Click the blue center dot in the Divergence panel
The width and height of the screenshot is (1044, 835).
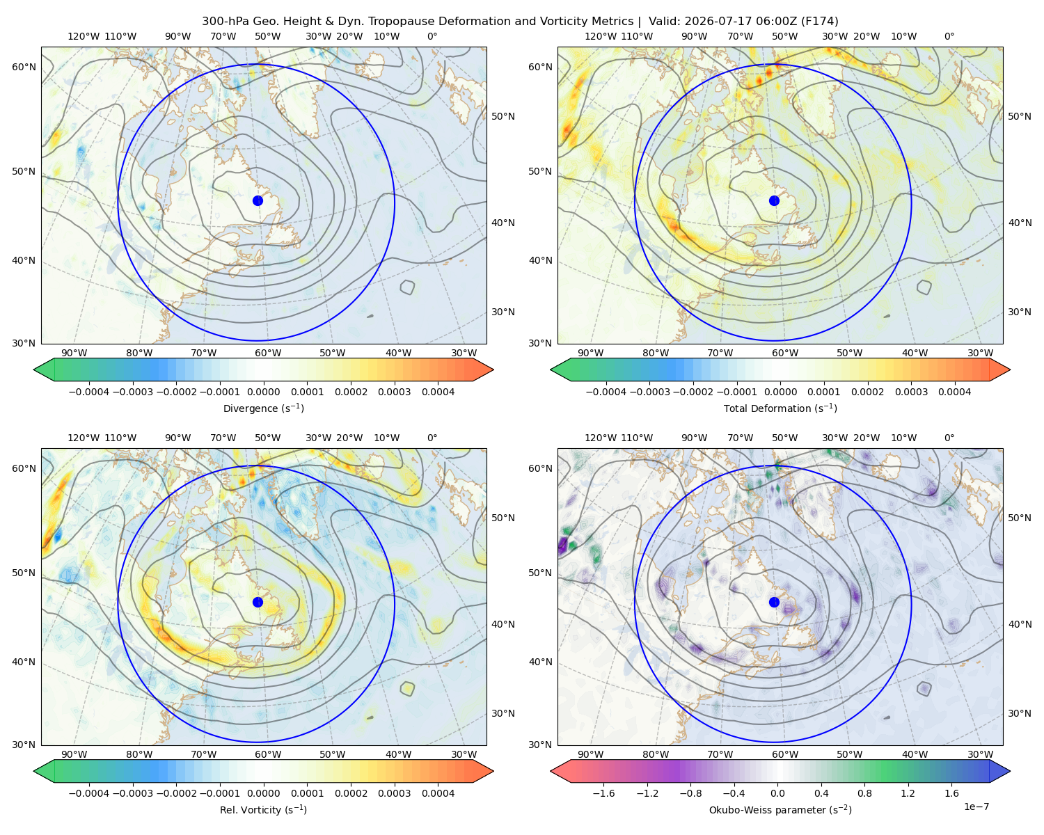[258, 201]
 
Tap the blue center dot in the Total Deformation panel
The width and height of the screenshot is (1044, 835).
[774, 201]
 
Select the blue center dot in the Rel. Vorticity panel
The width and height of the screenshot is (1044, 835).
[258, 602]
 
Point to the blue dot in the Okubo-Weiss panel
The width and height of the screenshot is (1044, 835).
[774, 602]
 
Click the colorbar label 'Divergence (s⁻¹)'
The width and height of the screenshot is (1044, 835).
[263, 408]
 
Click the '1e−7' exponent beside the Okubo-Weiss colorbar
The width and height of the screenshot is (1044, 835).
[976, 806]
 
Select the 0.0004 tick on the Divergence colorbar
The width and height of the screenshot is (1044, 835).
[438, 392]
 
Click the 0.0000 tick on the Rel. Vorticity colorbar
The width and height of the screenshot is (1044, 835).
[263, 793]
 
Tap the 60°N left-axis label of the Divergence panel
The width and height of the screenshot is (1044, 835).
[24, 67]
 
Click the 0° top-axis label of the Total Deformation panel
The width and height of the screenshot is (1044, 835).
[949, 36]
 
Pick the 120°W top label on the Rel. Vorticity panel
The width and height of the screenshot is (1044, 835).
[84, 438]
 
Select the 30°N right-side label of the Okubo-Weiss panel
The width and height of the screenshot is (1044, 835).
[1019, 713]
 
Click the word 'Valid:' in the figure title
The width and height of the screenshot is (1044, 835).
[665, 22]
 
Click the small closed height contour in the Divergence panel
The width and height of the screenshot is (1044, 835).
[408, 287]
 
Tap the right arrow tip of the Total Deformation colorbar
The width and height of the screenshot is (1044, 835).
[1010, 369]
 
